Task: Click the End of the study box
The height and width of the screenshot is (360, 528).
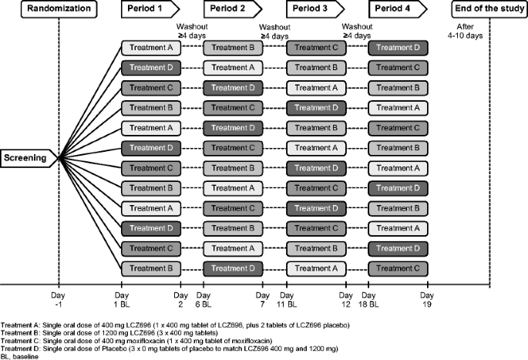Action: tap(487, 10)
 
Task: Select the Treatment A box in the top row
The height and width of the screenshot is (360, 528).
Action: tap(150, 48)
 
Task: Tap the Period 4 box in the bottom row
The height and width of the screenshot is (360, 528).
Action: tap(398, 268)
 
